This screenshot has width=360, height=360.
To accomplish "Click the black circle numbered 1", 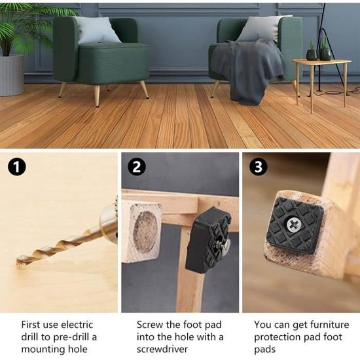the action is tap(17, 167).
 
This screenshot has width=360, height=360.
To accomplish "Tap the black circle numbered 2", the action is tap(137, 166).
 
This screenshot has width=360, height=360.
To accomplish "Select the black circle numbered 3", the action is tap(259, 166).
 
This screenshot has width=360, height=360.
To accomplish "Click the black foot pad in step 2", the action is tap(207, 240).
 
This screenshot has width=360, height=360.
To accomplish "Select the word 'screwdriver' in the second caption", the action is tap(162, 350).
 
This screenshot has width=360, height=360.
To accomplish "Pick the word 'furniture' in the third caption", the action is tap(330, 325).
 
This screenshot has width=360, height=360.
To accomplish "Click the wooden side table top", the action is tap(322, 62).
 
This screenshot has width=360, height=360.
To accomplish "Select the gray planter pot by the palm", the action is tap(12, 75).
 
